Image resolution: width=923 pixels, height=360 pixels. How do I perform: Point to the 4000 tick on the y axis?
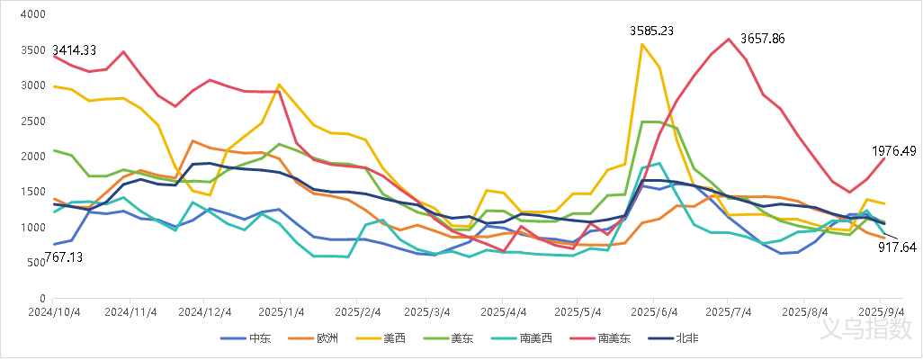pyautogui.click(x=33, y=15)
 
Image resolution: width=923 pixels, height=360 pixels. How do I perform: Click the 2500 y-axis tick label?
pyautogui.click(x=33, y=121)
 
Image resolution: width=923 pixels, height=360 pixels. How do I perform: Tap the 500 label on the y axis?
pyautogui.click(x=37, y=263)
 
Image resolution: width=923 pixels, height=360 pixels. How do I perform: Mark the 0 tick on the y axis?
pyautogui.click(x=42, y=298)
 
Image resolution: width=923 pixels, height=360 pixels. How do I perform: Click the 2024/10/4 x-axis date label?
pyautogui.click(x=54, y=312)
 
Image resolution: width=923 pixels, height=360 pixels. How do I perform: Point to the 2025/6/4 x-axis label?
pyautogui.click(x=653, y=312)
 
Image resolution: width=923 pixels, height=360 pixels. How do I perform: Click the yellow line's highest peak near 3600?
pyautogui.click(x=642, y=43)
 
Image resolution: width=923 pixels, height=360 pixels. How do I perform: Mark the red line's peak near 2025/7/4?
pyautogui.click(x=729, y=39)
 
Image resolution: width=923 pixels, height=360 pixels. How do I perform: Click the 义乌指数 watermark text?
pyautogui.click(x=865, y=329)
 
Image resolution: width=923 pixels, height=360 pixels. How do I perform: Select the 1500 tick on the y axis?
pyautogui.click(x=33, y=192)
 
